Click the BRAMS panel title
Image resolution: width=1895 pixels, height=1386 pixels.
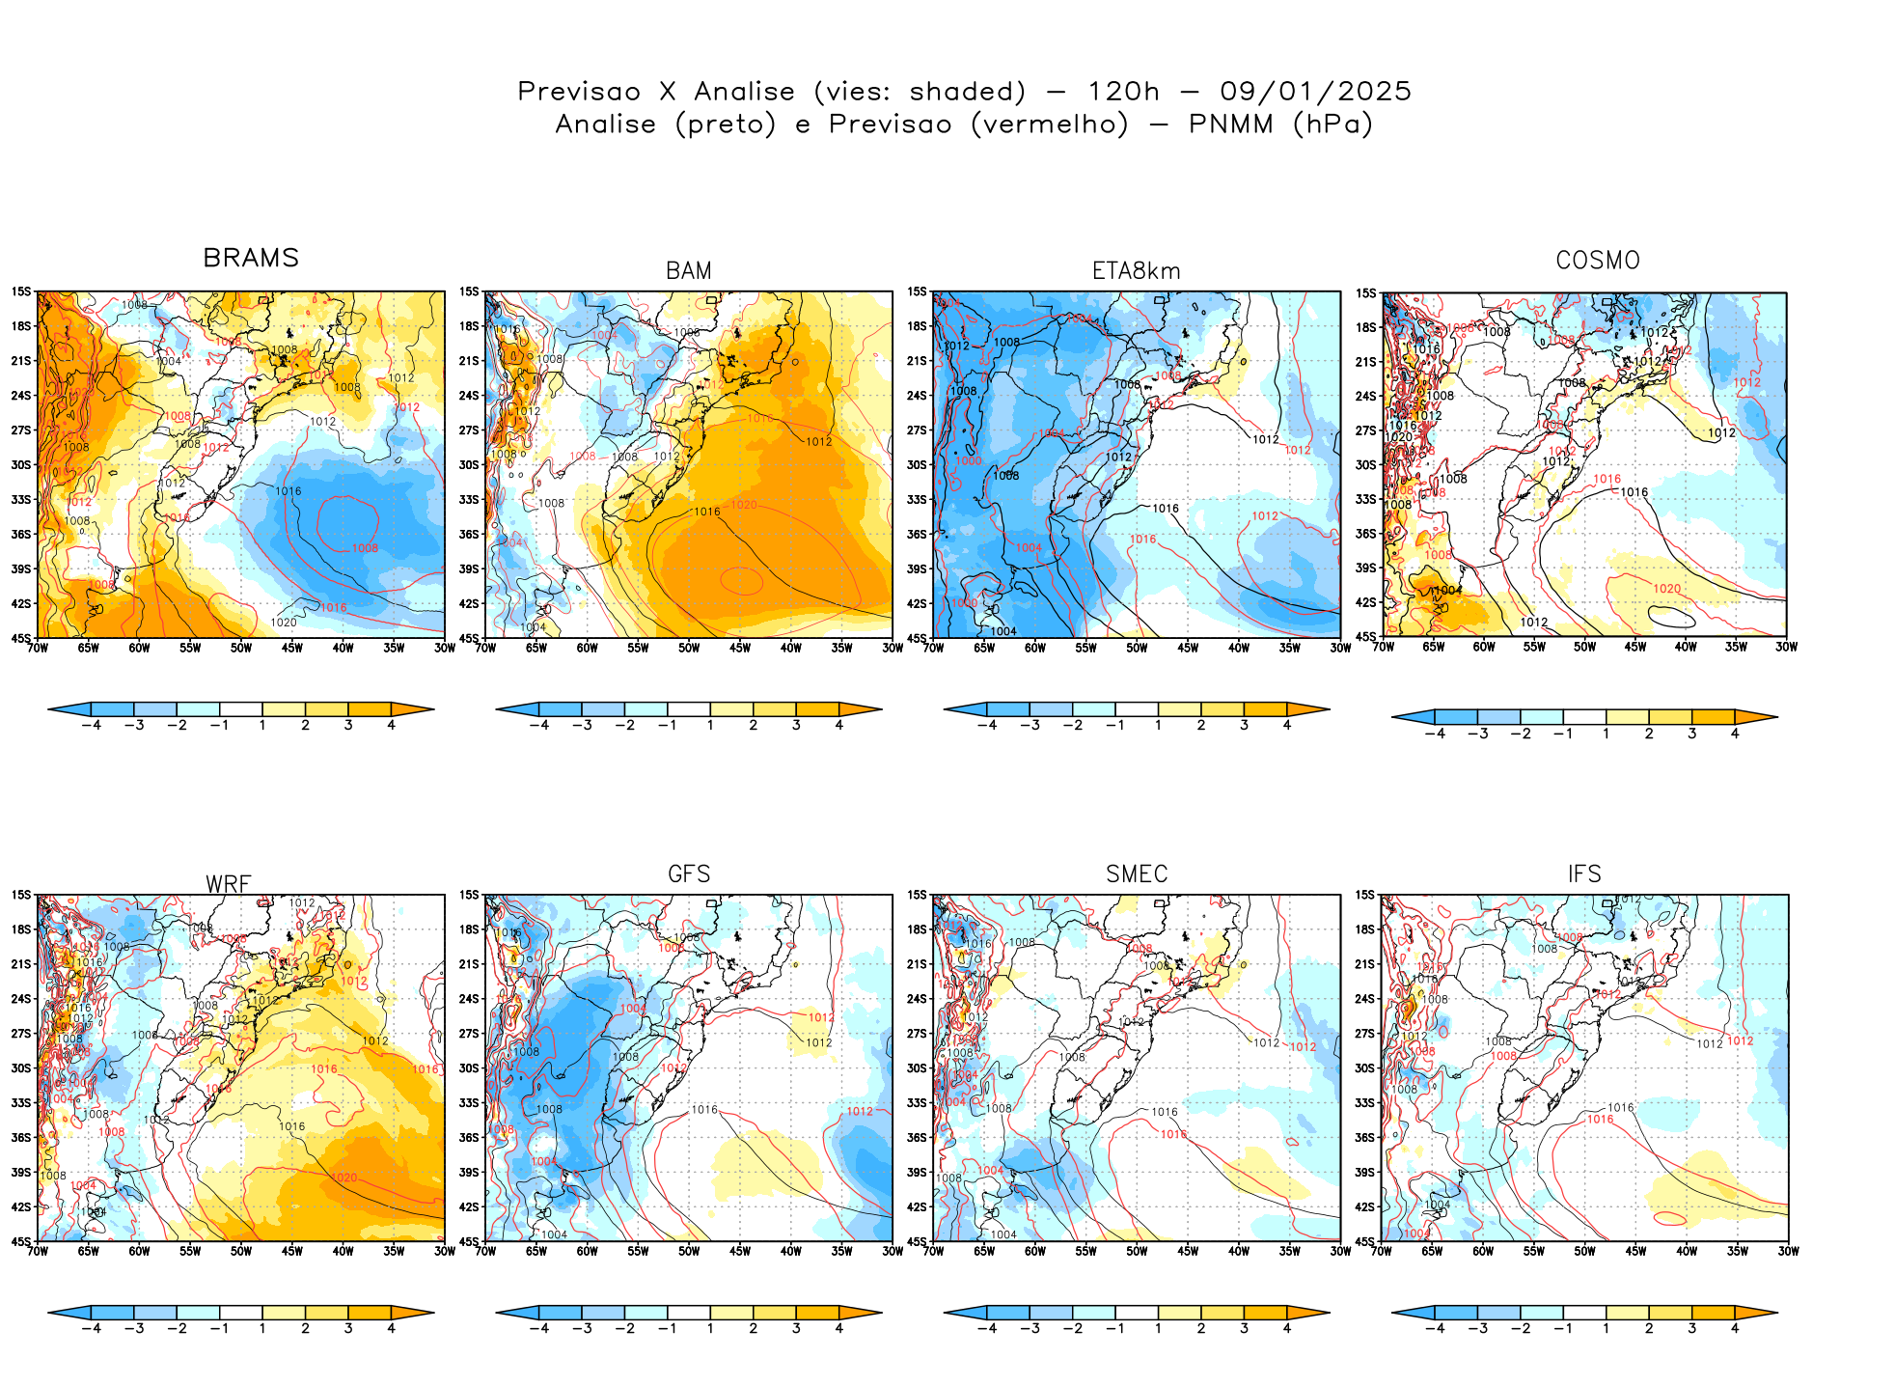point(251,258)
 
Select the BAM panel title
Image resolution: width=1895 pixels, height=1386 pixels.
point(689,271)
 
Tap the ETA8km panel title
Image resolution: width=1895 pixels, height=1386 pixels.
point(1137,271)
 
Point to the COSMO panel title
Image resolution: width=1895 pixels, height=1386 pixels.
point(1598,261)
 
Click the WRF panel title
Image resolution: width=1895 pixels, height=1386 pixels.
point(229,884)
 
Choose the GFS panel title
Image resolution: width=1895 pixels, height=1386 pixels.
point(689,874)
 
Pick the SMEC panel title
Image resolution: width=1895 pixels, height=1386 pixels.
point(1137,874)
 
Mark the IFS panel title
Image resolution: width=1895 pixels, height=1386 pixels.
point(1584,874)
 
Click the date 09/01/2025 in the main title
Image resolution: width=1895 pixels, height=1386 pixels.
point(1315,92)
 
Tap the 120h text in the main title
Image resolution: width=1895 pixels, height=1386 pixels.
point(1123,92)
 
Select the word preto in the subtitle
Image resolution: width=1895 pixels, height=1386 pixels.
point(726,125)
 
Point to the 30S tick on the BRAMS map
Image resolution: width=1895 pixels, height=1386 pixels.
point(21,465)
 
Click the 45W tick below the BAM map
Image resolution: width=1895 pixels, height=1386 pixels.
point(740,649)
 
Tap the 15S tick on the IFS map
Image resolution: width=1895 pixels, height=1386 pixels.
point(1364,896)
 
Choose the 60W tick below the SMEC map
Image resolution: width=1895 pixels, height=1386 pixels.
point(1035,1252)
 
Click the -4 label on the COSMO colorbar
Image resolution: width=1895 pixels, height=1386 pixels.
point(1435,735)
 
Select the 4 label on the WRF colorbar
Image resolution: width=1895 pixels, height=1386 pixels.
point(391,1329)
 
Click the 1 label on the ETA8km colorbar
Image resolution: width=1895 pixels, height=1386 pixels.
point(1158,726)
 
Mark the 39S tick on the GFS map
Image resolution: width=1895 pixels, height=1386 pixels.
point(469,1173)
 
